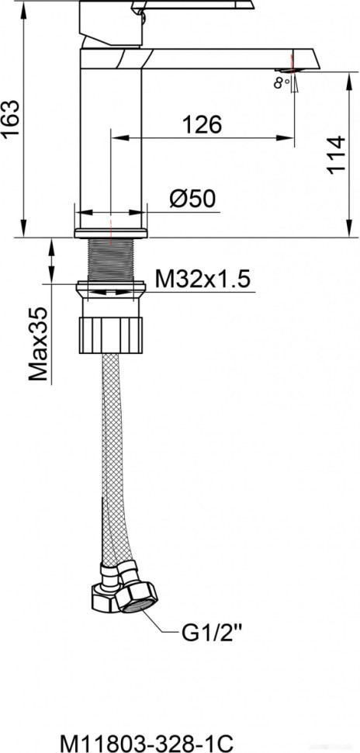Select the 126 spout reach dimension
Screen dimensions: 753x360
pos(201,124)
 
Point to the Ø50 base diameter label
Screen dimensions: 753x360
pos(191,200)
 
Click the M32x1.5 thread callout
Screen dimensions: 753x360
pos(202,279)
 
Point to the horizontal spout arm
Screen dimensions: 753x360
pos(225,57)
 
